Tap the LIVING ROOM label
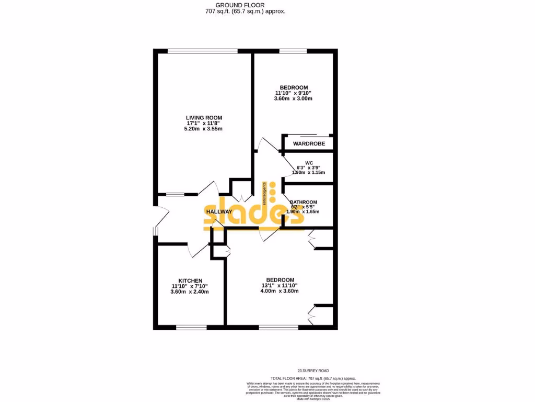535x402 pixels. point(204,118)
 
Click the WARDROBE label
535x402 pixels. point(309,143)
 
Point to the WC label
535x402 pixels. point(309,162)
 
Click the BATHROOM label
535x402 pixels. point(304,203)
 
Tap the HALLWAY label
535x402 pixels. point(219,211)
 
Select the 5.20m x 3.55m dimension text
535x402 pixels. point(204,129)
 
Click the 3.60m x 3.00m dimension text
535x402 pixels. point(293,98)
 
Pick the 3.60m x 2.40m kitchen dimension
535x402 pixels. point(190,292)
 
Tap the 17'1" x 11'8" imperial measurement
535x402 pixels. point(204,124)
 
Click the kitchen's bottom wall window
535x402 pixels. point(191,328)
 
